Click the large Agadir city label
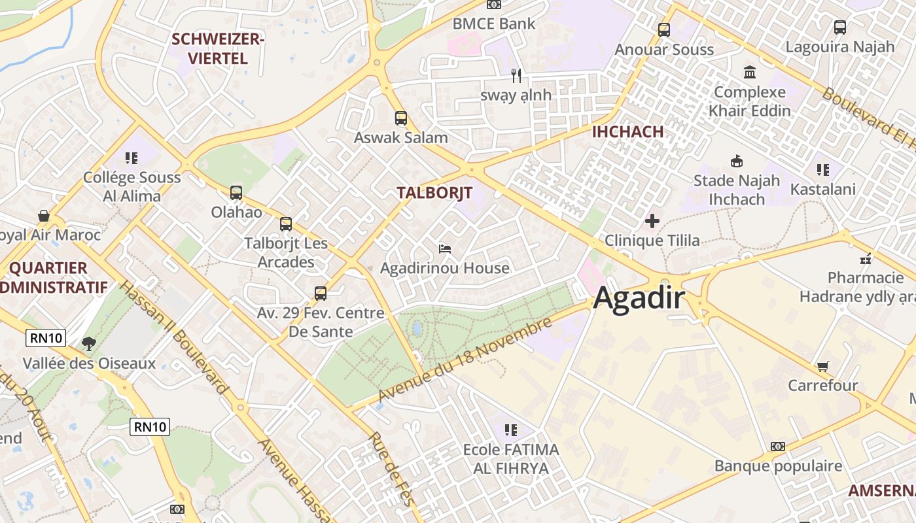639,299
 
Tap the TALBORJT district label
434,193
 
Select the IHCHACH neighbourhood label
627,131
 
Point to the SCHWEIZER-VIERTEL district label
218,49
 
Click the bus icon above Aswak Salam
401,118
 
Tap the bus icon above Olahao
236,193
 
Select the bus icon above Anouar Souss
664,29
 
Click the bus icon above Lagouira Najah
840,27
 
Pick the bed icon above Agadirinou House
445,248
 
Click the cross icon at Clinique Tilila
652,221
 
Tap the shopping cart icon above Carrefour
822,366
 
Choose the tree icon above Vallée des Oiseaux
88,343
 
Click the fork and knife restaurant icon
516,75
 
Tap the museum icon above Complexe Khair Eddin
750,72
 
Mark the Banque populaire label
779,466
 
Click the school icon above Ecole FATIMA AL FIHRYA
511,430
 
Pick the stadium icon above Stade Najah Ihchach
737,161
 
